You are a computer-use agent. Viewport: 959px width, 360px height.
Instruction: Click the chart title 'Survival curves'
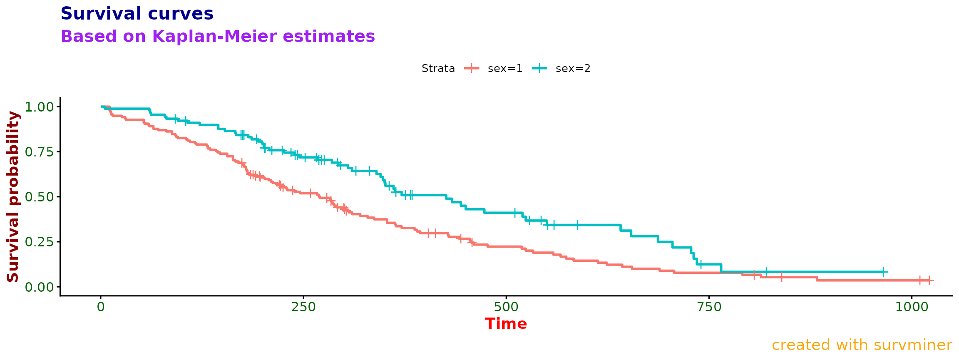click(x=137, y=14)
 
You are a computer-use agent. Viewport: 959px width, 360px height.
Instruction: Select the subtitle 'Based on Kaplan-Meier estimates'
click(x=218, y=37)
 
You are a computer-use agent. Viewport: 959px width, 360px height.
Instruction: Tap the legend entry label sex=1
click(x=505, y=69)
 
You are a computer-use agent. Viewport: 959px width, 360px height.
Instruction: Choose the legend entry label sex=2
click(x=573, y=69)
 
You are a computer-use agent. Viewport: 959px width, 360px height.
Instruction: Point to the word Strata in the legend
click(x=438, y=69)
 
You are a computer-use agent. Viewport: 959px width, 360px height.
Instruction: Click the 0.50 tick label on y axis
click(x=40, y=197)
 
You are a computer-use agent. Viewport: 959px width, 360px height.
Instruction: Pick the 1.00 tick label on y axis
click(x=40, y=107)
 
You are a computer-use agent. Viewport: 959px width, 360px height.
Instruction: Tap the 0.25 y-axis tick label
click(x=40, y=242)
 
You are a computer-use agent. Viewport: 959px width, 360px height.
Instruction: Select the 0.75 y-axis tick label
click(x=40, y=152)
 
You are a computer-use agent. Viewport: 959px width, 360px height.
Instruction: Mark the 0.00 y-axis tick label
click(x=40, y=287)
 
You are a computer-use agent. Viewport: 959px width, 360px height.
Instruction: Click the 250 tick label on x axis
click(x=303, y=307)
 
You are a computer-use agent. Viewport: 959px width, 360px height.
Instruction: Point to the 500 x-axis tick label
click(x=506, y=307)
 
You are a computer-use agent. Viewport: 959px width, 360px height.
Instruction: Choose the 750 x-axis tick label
click(x=709, y=307)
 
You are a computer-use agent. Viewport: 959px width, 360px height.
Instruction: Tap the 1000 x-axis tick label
click(x=912, y=307)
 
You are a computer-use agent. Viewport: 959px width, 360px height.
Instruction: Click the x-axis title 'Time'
click(x=506, y=324)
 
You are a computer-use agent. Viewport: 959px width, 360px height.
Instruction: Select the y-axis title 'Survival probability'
click(x=13, y=196)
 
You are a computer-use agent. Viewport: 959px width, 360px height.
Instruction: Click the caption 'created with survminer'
click(x=862, y=345)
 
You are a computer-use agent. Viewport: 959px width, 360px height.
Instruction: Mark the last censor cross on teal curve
click(x=883, y=272)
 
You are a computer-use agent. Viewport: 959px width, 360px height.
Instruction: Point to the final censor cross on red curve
click(x=929, y=281)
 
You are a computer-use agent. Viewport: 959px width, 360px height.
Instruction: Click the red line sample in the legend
click(x=472, y=69)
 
